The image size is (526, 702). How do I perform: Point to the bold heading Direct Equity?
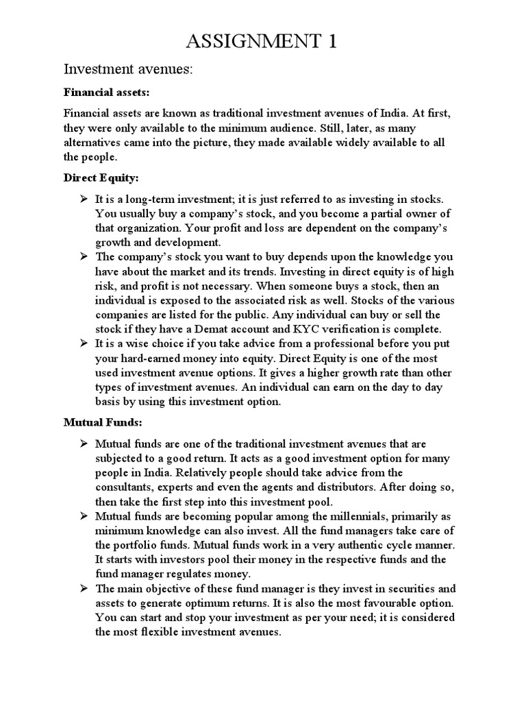[x=101, y=178]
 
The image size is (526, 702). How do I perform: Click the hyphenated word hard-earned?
[x=149, y=359]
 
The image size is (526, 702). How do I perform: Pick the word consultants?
[x=127, y=487]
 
